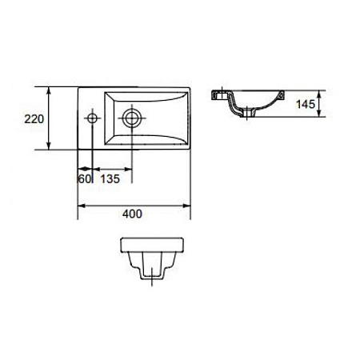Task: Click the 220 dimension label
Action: click(x=34, y=119)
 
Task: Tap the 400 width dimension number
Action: click(x=132, y=214)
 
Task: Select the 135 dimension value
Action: click(x=110, y=179)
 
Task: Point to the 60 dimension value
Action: click(x=85, y=179)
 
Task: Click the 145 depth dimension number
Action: click(x=306, y=104)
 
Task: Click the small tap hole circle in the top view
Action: click(x=92, y=118)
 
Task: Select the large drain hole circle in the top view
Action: click(x=131, y=118)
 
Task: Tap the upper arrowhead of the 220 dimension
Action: click(x=48, y=90)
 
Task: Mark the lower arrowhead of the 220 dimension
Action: click(x=48, y=146)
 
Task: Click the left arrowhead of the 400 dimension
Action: click(x=82, y=206)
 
